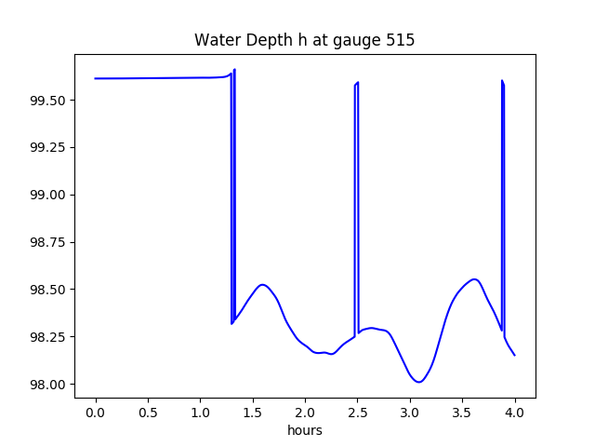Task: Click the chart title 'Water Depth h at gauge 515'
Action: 305,41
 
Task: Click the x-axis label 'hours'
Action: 305,431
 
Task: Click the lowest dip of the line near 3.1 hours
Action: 419,382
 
